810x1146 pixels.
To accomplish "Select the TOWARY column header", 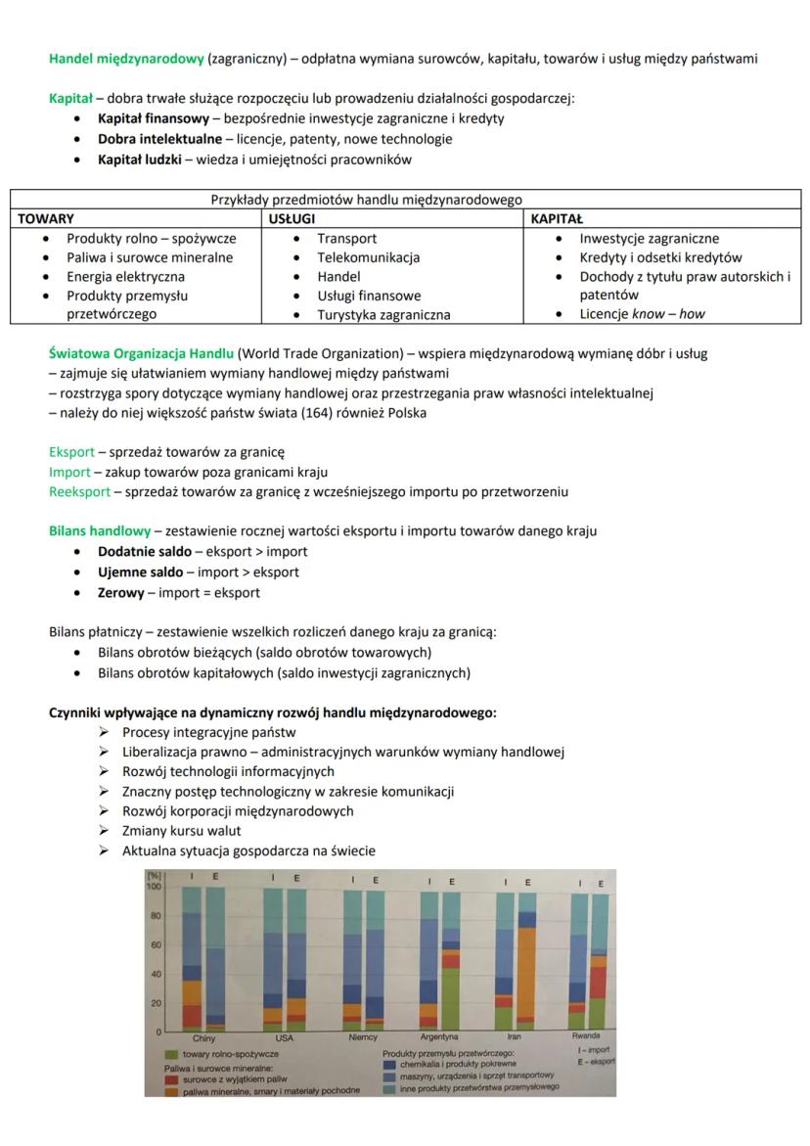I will (x=46, y=219).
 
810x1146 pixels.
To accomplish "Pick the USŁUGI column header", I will (x=292, y=219).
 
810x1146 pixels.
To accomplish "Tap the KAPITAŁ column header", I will (x=557, y=219).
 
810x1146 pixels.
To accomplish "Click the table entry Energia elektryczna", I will (x=125, y=277).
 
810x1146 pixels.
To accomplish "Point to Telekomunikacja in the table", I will (x=368, y=257).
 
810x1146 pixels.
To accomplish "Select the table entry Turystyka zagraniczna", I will (x=383, y=315).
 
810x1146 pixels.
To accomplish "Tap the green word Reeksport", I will (x=79, y=491).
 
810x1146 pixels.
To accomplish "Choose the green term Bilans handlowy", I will (x=100, y=531).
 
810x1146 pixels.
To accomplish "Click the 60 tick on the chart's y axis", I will (x=155, y=945).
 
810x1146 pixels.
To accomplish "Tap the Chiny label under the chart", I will (x=203, y=1037).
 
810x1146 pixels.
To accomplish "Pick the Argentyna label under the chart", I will (x=439, y=1036).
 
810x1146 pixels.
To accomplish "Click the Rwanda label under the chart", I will (x=587, y=1034).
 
